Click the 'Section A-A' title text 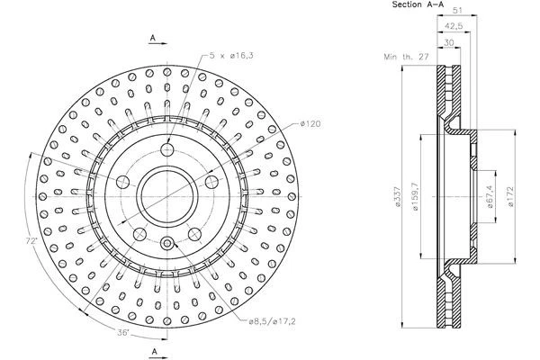pyautogui.click(x=417, y=5)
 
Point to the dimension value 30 pyautogui.click(x=449, y=41)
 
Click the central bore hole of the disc pyautogui.click(x=166, y=192)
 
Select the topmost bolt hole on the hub pyautogui.click(x=166, y=150)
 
